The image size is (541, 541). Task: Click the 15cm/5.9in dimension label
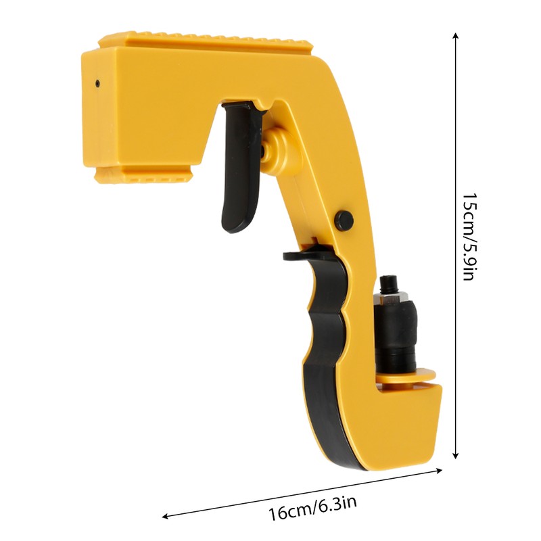469,237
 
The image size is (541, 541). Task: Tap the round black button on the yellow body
344,220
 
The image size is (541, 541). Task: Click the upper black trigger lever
241,166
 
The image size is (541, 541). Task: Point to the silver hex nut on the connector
392,296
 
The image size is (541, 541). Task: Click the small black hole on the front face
97,83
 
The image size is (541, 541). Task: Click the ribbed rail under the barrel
143,175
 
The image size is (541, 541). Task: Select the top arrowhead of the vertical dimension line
456,37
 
